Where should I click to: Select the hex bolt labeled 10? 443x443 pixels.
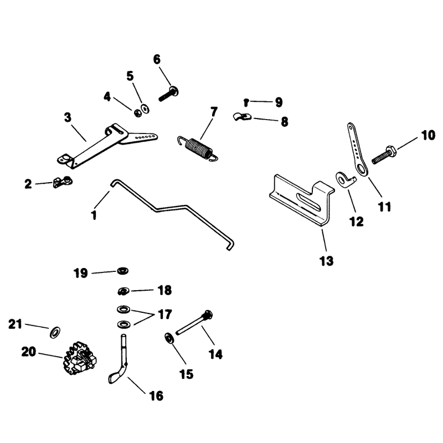384,155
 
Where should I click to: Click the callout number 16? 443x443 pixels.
156,395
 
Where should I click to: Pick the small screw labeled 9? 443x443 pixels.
246,102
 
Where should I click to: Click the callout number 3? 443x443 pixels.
68,117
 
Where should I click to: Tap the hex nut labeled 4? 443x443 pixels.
137,114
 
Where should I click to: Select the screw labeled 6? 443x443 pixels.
169,94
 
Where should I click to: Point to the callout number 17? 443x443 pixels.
165,314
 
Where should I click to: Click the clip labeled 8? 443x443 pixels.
242,117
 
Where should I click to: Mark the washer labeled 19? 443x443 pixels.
123,271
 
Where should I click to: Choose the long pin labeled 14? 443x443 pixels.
194,322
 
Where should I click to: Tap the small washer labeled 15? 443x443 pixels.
169,338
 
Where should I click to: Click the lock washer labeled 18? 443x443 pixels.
123,291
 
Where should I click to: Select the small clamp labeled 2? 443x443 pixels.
63,182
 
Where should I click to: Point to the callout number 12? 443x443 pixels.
356,221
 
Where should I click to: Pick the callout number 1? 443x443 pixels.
94,215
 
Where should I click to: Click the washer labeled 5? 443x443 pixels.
146,109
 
